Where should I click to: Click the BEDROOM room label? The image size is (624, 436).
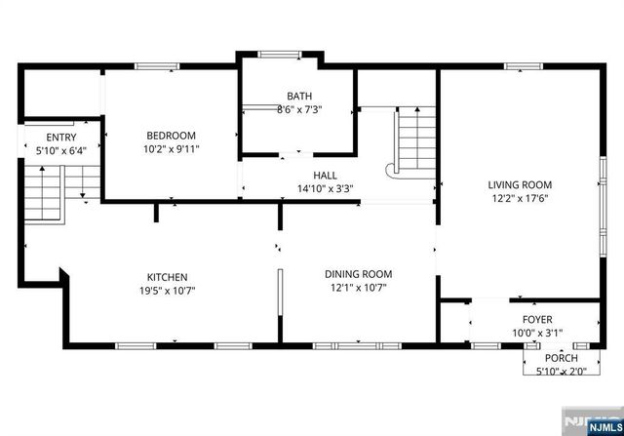[x=171, y=136]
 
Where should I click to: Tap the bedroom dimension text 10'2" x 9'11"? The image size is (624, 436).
[x=171, y=149]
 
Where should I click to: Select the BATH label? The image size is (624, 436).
[x=298, y=96]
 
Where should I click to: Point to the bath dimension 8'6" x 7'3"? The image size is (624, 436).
[x=298, y=109]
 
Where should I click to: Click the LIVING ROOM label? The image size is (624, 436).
[x=520, y=184]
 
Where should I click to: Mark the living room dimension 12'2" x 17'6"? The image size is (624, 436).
[x=520, y=198]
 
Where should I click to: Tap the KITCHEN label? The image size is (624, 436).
[x=167, y=277]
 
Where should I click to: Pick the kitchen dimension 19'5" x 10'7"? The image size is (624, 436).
[x=167, y=291]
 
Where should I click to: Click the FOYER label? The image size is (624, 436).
[x=536, y=318]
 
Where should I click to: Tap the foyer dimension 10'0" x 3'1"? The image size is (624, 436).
[x=536, y=332]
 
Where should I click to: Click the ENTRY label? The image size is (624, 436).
[x=60, y=138]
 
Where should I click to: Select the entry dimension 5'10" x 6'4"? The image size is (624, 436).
[x=60, y=151]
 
